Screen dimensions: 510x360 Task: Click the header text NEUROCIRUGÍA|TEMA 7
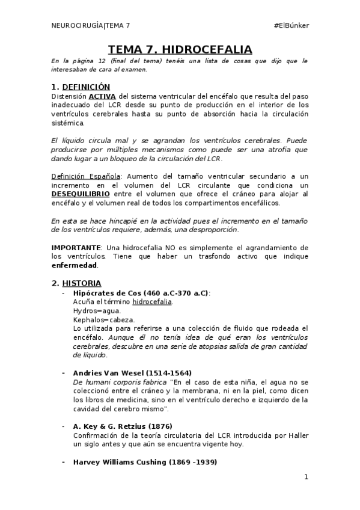[x=91, y=25]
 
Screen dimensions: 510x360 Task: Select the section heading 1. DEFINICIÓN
[x=81, y=87]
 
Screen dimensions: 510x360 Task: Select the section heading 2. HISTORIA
[x=76, y=283]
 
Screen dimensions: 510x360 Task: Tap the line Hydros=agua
[x=96, y=311]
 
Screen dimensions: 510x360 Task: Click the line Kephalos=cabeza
[x=103, y=320]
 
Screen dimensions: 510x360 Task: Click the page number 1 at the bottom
[x=306, y=478]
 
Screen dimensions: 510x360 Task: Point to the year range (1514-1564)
[x=171, y=373]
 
